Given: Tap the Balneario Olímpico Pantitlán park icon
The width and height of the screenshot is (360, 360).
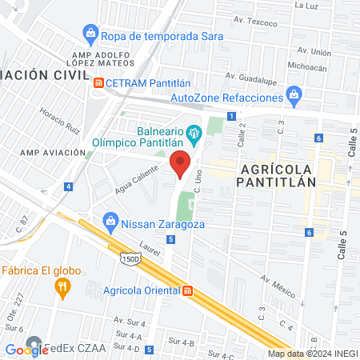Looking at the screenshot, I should tap(193, 131).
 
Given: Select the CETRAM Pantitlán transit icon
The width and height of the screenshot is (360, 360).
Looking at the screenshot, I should tap(98, 82).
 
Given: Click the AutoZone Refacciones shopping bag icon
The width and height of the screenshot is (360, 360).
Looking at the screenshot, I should tap(294, 98).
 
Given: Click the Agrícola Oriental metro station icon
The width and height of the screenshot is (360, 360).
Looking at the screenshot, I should tap(186, 290).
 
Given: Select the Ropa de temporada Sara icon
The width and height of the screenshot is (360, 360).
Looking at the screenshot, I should tap(90, 34).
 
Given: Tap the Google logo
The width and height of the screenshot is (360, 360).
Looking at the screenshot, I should tap(26, 349).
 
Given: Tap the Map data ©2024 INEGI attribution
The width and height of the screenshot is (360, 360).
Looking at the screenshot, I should tap(313, 354).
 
